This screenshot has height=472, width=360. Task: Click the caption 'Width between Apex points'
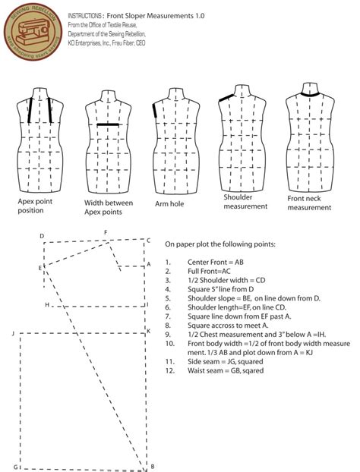(x=108, y=208)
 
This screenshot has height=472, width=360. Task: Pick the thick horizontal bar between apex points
(x=108, y=124)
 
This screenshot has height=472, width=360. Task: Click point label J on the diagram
(x=13, y=333)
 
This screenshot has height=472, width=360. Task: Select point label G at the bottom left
(x=14, y=466)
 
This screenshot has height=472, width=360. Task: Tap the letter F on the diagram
(x=106, y=232)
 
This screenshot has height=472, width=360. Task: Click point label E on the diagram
(x=39, y=268)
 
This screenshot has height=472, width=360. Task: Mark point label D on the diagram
(x=42, y=236)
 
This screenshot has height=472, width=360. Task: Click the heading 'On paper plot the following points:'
(x=220, y=244)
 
